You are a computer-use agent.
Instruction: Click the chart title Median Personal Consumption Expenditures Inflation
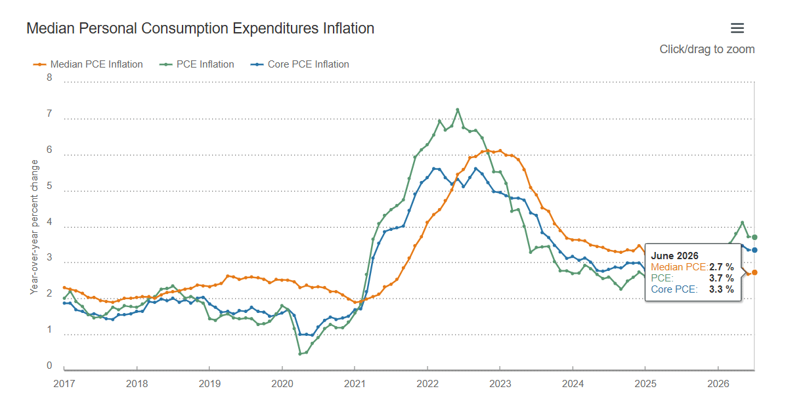(x=200, y=28)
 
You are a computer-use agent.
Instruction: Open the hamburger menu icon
(x=737, y=28)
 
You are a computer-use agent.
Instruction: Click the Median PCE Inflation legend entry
(x=88, y=64)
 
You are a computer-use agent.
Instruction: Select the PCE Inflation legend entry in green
(x=196, y=64)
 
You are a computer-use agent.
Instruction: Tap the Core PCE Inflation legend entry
(x=299, y=64)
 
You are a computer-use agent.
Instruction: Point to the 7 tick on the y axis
(x=49, y=114)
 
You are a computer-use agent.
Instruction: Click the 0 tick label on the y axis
(x=49, y=365)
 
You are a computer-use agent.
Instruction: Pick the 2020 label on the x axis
(x=282, y=383)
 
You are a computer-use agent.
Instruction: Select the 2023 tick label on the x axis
(x=500, y=383)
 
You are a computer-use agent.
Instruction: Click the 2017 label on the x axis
(x=64, y=383)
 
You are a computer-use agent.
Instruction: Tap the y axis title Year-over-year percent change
(x=34, y=227)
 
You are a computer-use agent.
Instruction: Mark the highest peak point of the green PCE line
(x=457, y=110)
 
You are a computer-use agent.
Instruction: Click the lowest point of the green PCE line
(x=300, y=354)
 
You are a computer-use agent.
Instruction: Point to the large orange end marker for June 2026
(x=755, y=272)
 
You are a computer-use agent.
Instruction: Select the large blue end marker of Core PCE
(x=755, y=250)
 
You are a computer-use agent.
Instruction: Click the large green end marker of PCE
(x=755, y=238)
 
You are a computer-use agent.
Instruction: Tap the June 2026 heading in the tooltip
(x=674, y=255)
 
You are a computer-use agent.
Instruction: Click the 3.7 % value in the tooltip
(x=721, y=278)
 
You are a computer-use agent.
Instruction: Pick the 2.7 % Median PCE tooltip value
(x=721, y=267)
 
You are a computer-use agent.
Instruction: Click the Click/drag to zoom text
(x=707, y=49)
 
